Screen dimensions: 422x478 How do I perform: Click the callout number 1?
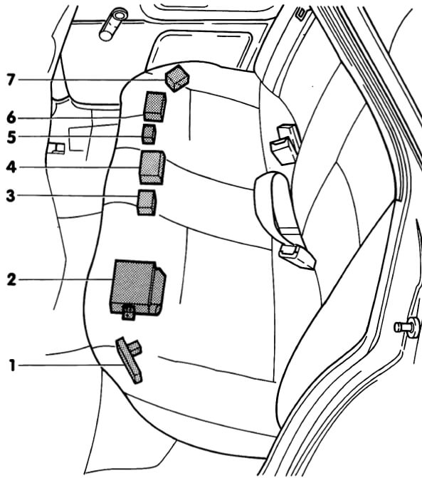pyautogui.click(x=12, y=365)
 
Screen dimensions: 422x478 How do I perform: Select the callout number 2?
pyautogui.click(x=11, y=279)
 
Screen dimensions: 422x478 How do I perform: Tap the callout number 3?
pyautogui.click(x=11, y=196)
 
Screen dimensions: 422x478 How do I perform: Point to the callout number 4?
pyautogui.click(x=11, y=167)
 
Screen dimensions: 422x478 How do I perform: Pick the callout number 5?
pyautogui.click(x=11, y=137)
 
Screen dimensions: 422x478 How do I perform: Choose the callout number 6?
pyautogui.click(x=11, y=118)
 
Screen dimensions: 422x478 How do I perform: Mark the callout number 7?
pyautogui.click(x=11, y=80)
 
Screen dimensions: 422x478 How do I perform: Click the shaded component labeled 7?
pyautogui.click(x=177, y=78)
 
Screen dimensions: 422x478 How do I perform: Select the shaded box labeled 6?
pyautogui.click(x=155, y=106)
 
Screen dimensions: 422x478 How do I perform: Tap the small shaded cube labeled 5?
pyautogui.click(x=149, y=134)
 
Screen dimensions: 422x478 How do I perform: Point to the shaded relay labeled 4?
pyautogui.click(x=152, y=167)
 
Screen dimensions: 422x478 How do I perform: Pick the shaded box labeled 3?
pyautogui.click(x=147, y=202)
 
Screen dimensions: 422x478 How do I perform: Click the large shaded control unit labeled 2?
pyautogui.click(x=137, y=287)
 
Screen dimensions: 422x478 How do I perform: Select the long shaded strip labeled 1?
pyautogui.click(x=129, y=360)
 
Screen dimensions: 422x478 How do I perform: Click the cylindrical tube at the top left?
pyautogui.click(x=113, y=25)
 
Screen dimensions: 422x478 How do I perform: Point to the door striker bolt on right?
pyautogui.click(x=407, y=327)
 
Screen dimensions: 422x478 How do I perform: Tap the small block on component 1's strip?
pyautogui.click(x=134, y=348)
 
